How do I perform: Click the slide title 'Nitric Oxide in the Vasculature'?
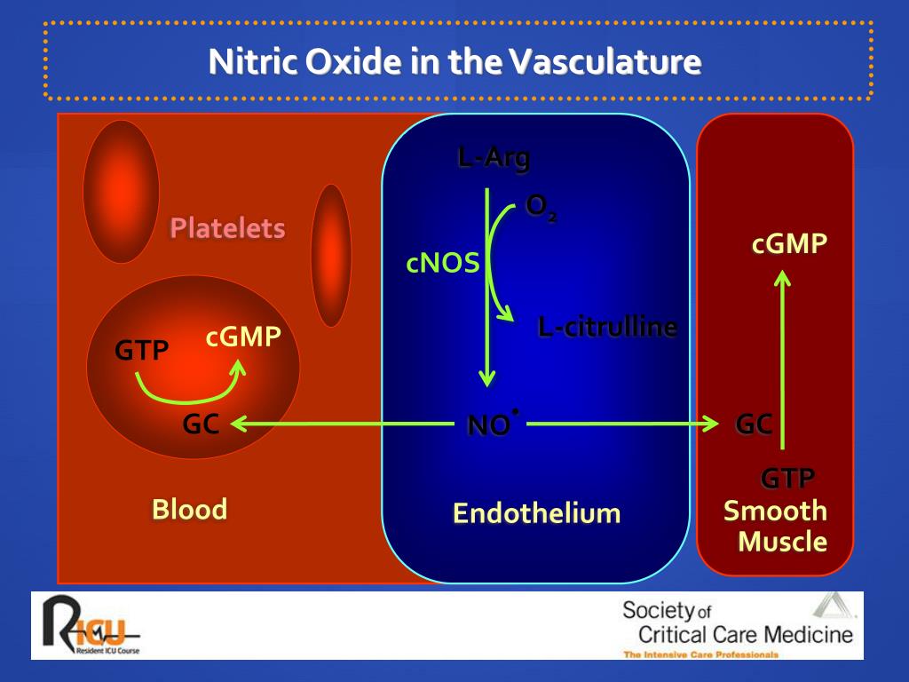click(454, 62)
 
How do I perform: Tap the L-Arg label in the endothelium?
click(494, 159)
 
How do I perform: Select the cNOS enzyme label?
click(443, 264)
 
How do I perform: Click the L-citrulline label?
click(607, 328)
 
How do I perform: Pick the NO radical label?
click(491, 425)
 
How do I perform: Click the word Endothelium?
click(536, 513)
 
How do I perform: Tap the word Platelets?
click(227, 229)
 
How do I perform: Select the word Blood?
click(189, 510)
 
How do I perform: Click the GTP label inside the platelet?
click(141, 351)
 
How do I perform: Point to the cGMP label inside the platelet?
click(243, 337)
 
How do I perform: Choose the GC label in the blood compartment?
click(201, 424)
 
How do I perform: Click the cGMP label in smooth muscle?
click(789, 244)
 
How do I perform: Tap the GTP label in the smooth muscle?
click(787, 480)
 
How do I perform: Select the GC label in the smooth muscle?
click(754, 424)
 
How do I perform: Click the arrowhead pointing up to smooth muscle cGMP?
click(782, 278)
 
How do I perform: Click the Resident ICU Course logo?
click(90, 626)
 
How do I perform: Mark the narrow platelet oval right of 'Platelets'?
click(331, 255)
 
